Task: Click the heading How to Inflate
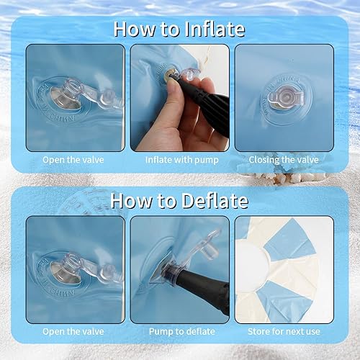tap(179, 29)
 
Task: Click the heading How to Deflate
tap(179, 200)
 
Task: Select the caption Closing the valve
tap(284, 159)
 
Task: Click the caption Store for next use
tap(284, 331)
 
